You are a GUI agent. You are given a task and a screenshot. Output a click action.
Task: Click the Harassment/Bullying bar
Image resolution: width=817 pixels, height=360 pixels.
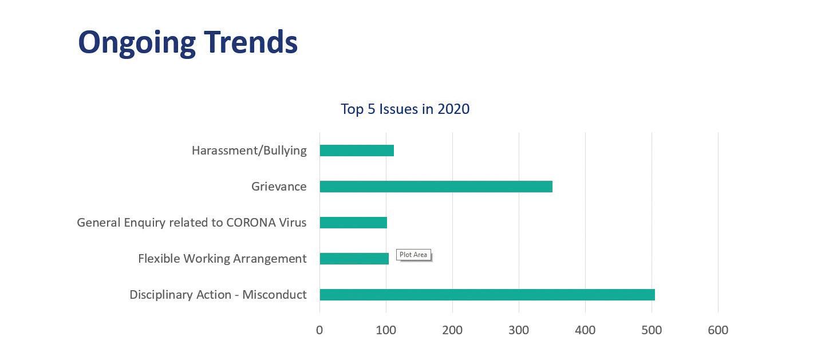point(357,151)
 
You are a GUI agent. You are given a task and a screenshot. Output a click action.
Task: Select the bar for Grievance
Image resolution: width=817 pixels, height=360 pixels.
point(436,187)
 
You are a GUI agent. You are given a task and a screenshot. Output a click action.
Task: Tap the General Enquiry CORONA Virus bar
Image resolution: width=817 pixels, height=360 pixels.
point(353,223)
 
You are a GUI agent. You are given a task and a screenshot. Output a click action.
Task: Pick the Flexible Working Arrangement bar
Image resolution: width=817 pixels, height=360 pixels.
point(354,259)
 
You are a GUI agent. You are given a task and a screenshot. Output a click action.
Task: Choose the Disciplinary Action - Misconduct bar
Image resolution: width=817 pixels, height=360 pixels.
point(487,295)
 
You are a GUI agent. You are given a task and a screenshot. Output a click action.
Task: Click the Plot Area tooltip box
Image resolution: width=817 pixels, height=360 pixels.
point(413,255)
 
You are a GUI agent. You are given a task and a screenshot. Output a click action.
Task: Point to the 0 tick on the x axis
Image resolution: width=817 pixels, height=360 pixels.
point(319,330)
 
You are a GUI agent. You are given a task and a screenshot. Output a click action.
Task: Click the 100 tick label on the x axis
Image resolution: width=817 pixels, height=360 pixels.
point(386,330)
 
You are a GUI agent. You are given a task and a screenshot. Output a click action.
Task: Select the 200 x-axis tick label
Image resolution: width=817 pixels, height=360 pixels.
point(452,330)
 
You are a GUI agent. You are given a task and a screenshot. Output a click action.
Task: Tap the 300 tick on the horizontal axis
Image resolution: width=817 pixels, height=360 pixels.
point(519,330)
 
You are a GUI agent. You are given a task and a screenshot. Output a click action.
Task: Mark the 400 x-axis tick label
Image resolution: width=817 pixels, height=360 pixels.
point(585,330)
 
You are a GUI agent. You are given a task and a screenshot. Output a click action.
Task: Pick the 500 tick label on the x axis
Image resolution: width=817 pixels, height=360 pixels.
point(652,330)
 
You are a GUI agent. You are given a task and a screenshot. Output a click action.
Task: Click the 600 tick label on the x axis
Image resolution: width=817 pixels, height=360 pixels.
point(718,330)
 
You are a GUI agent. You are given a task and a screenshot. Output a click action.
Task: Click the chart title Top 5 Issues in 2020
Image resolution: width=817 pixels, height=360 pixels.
point(405,109)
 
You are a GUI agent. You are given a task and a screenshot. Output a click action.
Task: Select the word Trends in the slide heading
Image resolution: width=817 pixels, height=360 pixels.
point(251,42)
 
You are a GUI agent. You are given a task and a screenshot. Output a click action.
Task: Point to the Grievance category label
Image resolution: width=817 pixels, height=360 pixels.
point(279,187)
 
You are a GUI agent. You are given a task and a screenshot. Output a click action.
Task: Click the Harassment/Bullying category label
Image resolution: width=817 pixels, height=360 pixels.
point(249,151)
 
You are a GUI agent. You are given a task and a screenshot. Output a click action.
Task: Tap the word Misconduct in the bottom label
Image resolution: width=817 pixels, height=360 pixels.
point(274,295)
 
